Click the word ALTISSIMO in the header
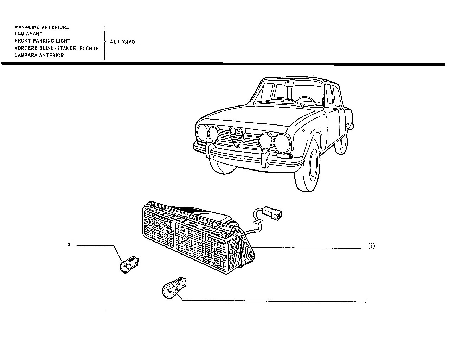click(x=122, y=41)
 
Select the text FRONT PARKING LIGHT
click(x=43, y=41)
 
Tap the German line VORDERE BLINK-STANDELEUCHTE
click(x=57, y=48)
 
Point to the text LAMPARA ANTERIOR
click(x=39, y=56)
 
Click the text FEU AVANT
click(x=28, y=33)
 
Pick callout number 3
click(x=69, y=244)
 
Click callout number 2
click(x=366, y=301)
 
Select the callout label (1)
click(x=372, y=246)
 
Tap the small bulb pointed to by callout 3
click(x=129, y=265)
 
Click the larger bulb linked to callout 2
click(x=174, y=288)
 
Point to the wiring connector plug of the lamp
click(x=272, y=213)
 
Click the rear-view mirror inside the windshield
click(x=289, y=84)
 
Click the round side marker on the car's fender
click(x=303, y=130)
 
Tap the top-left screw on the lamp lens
click(x=146, y=222)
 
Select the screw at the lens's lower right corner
click(x=225, y=257)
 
